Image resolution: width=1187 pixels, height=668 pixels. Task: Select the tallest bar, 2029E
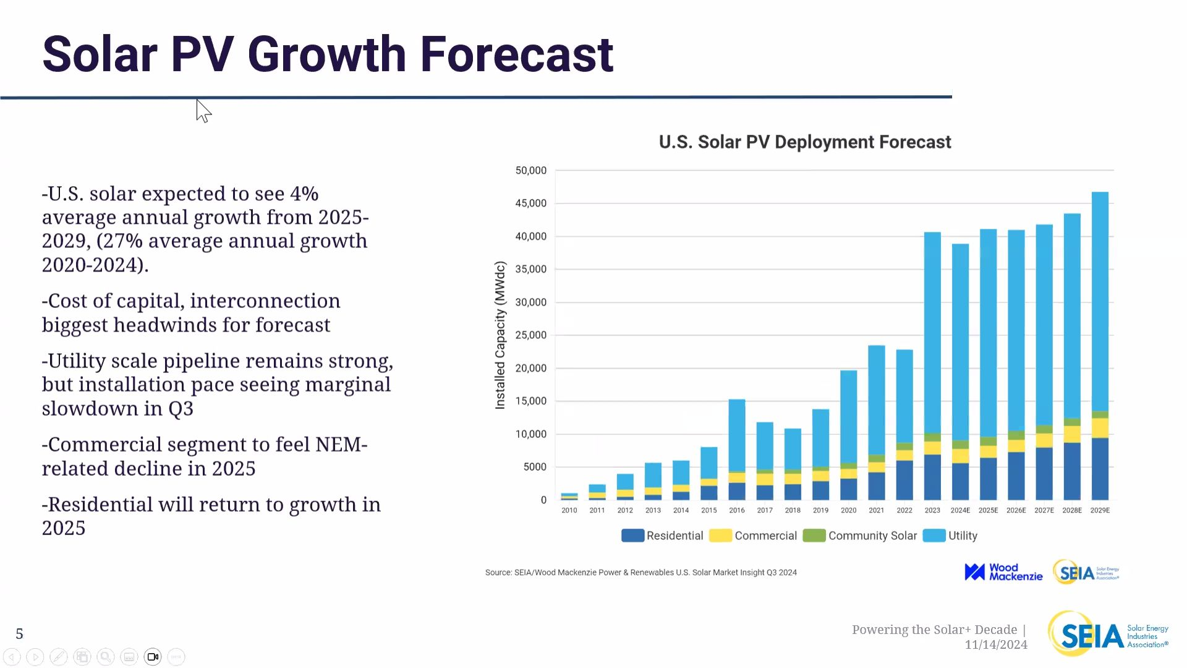click(1100, 346)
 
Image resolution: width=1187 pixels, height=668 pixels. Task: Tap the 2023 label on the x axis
click(932, 510)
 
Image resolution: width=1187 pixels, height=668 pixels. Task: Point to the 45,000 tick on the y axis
click(530, 203)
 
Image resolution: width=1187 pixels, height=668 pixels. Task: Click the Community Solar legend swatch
click(814, 536)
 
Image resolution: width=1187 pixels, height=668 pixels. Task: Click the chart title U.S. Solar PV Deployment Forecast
click(804, 142)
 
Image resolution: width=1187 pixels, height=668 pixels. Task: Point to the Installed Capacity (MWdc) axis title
click(500, 335)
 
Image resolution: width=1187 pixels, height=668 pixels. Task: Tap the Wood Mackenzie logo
click(1003, 572)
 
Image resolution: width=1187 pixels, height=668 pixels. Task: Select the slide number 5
click(20, 634)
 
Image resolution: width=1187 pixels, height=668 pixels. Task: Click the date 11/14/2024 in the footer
click(996, 645)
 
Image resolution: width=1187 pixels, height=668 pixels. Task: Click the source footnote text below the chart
click(640, 573)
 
